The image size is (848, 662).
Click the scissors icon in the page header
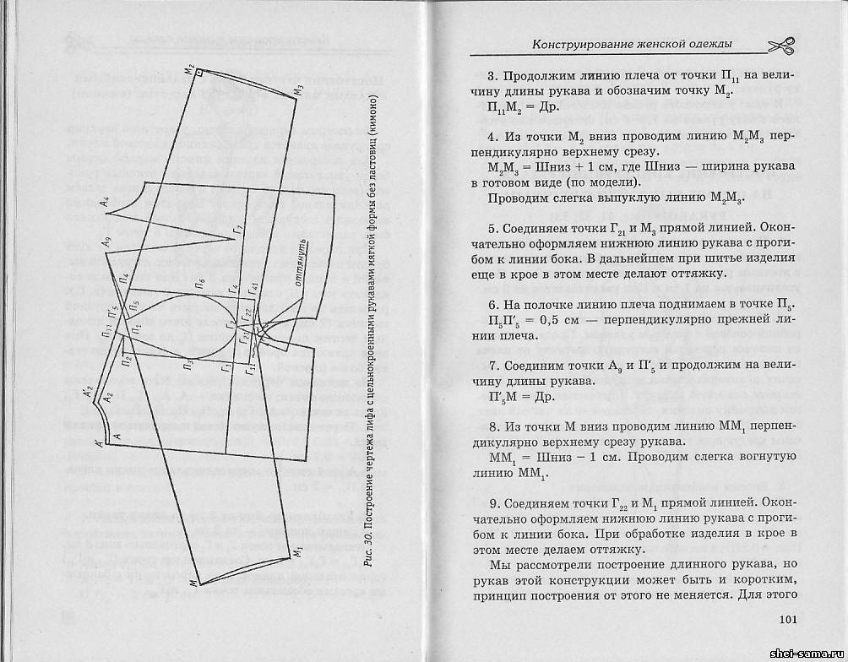click(785, 44)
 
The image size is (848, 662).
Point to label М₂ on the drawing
click(191, 68)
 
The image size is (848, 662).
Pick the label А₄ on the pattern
click(104, 202)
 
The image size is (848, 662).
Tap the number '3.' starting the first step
click(494, 74)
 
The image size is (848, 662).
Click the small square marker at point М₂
click(199, 74)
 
